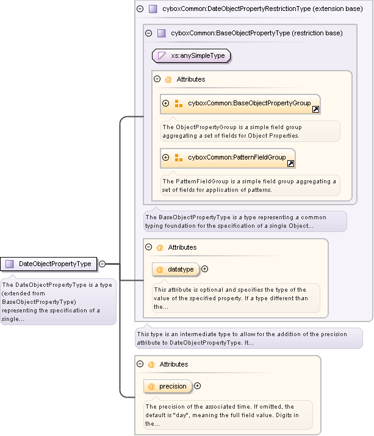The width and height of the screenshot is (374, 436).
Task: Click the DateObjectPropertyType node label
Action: (55, 264)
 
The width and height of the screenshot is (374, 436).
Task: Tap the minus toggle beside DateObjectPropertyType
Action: (102, 264)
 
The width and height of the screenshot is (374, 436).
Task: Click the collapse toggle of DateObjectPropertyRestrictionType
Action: (140, 9)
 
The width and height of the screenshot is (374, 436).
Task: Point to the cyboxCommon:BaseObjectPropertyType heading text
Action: (256, 33)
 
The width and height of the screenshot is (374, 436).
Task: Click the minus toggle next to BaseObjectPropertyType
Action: (149, 33)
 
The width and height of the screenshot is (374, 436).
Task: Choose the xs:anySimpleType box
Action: (192, 56)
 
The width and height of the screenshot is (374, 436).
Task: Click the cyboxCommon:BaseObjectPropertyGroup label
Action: (249, 104)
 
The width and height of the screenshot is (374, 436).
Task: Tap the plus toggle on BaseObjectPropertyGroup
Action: (166, 104)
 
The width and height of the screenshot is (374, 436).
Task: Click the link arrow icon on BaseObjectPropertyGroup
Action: (315, 110)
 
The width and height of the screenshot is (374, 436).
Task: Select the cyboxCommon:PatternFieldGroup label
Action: (237, 157)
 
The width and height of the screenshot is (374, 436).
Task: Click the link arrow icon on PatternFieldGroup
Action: (290, 163)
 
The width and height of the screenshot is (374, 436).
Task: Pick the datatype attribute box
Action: (176, 269)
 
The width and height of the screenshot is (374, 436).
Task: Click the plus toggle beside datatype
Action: (205, 269)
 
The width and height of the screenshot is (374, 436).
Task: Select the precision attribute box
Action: (168, 386)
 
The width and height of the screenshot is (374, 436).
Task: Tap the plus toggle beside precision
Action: (197, 385)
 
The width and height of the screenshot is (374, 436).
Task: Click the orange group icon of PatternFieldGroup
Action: (179, 158)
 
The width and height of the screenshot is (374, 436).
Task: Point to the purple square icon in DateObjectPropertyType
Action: (10, 264)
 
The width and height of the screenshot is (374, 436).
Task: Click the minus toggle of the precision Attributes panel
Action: (140, 364)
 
